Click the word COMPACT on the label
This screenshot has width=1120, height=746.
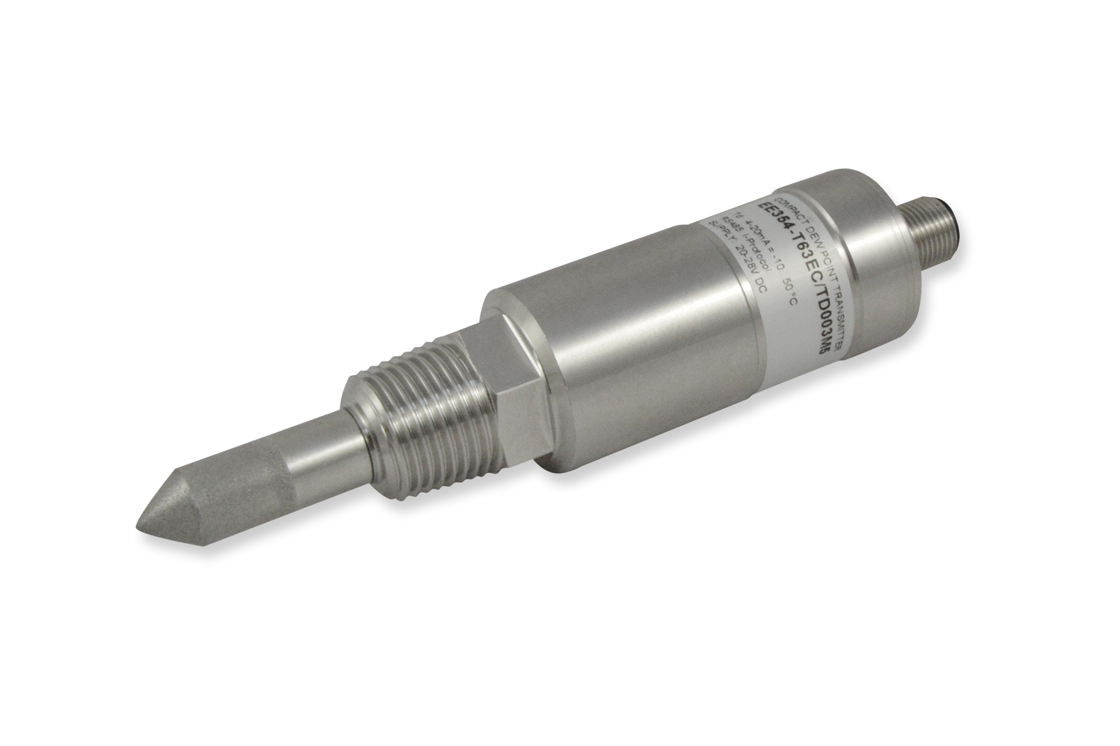click(792, 212)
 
